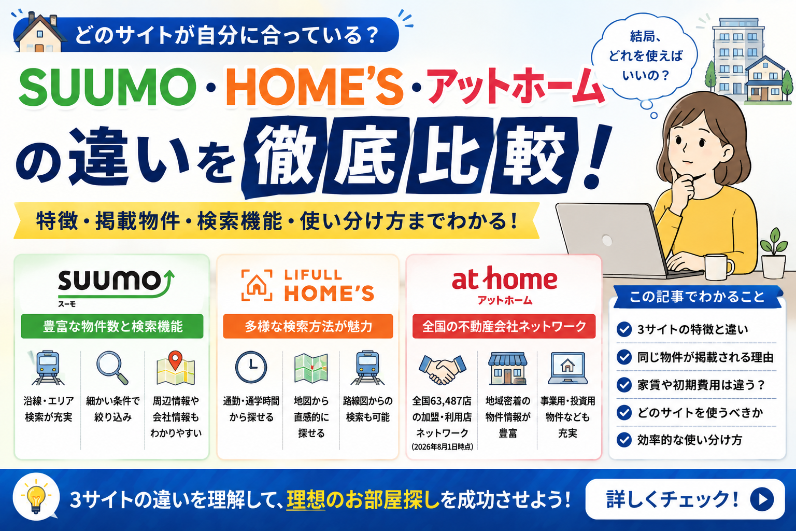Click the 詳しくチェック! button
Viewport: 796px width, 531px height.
point(685,499)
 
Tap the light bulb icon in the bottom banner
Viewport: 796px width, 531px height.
point(36,497)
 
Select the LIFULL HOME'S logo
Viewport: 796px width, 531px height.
point(308,285)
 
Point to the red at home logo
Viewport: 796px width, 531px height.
point(504,285)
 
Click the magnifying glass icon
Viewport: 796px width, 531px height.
point(112,368)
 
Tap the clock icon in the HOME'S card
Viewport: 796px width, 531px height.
point(251,367)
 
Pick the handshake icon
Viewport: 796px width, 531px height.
point(442,370)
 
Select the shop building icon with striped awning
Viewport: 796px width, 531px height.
point(507,369)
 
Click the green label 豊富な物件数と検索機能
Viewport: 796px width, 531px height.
point(112,326)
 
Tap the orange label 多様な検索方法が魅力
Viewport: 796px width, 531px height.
point(308,326)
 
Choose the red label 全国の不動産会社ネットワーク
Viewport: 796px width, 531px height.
point(504,326)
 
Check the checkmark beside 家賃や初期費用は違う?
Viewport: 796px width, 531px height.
point(624,385)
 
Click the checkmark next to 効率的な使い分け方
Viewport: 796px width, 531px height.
point(624,440)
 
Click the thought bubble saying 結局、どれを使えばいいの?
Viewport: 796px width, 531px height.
point(645,56)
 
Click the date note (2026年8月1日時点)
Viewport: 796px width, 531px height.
point(442,446)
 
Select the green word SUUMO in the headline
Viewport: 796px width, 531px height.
point(107,87)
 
